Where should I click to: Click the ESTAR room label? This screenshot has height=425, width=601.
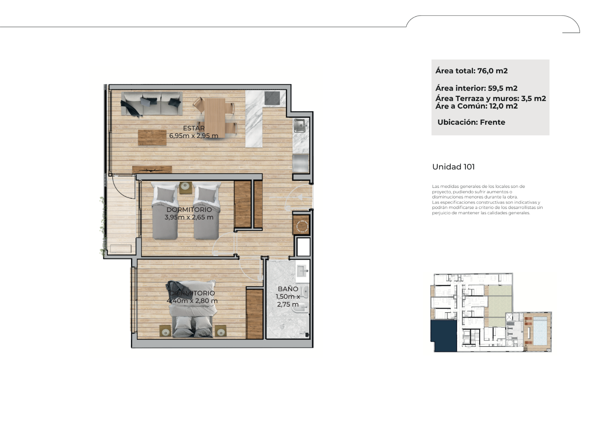[194, 128]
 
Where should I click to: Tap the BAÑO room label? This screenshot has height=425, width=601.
[288, 289]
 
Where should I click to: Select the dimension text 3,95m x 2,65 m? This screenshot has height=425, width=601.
[189, 217]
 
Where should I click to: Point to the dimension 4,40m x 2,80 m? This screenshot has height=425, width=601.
[192, 301]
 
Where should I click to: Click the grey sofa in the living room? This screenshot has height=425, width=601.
[152, 104]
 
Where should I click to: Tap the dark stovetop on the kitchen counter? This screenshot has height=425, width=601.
[272, 98]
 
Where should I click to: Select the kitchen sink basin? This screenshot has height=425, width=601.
[300, 126]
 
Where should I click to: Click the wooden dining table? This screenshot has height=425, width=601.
[214, 118]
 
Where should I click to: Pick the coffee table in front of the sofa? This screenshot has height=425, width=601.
[152, 138]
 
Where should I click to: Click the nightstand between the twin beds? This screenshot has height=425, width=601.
[186, 188]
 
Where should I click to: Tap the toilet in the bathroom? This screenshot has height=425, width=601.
[302, 308]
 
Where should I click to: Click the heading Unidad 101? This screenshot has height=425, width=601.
[453, 167]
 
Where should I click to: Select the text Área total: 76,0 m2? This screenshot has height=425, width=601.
[471, 71]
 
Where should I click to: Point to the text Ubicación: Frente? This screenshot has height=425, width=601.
[471, 123]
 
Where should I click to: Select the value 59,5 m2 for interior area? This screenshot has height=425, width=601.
[503, 88]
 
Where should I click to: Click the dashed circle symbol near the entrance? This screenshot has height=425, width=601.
[302, 226]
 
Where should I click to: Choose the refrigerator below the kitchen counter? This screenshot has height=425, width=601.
[300, 163]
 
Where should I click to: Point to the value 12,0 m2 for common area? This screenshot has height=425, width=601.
[503, 106]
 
